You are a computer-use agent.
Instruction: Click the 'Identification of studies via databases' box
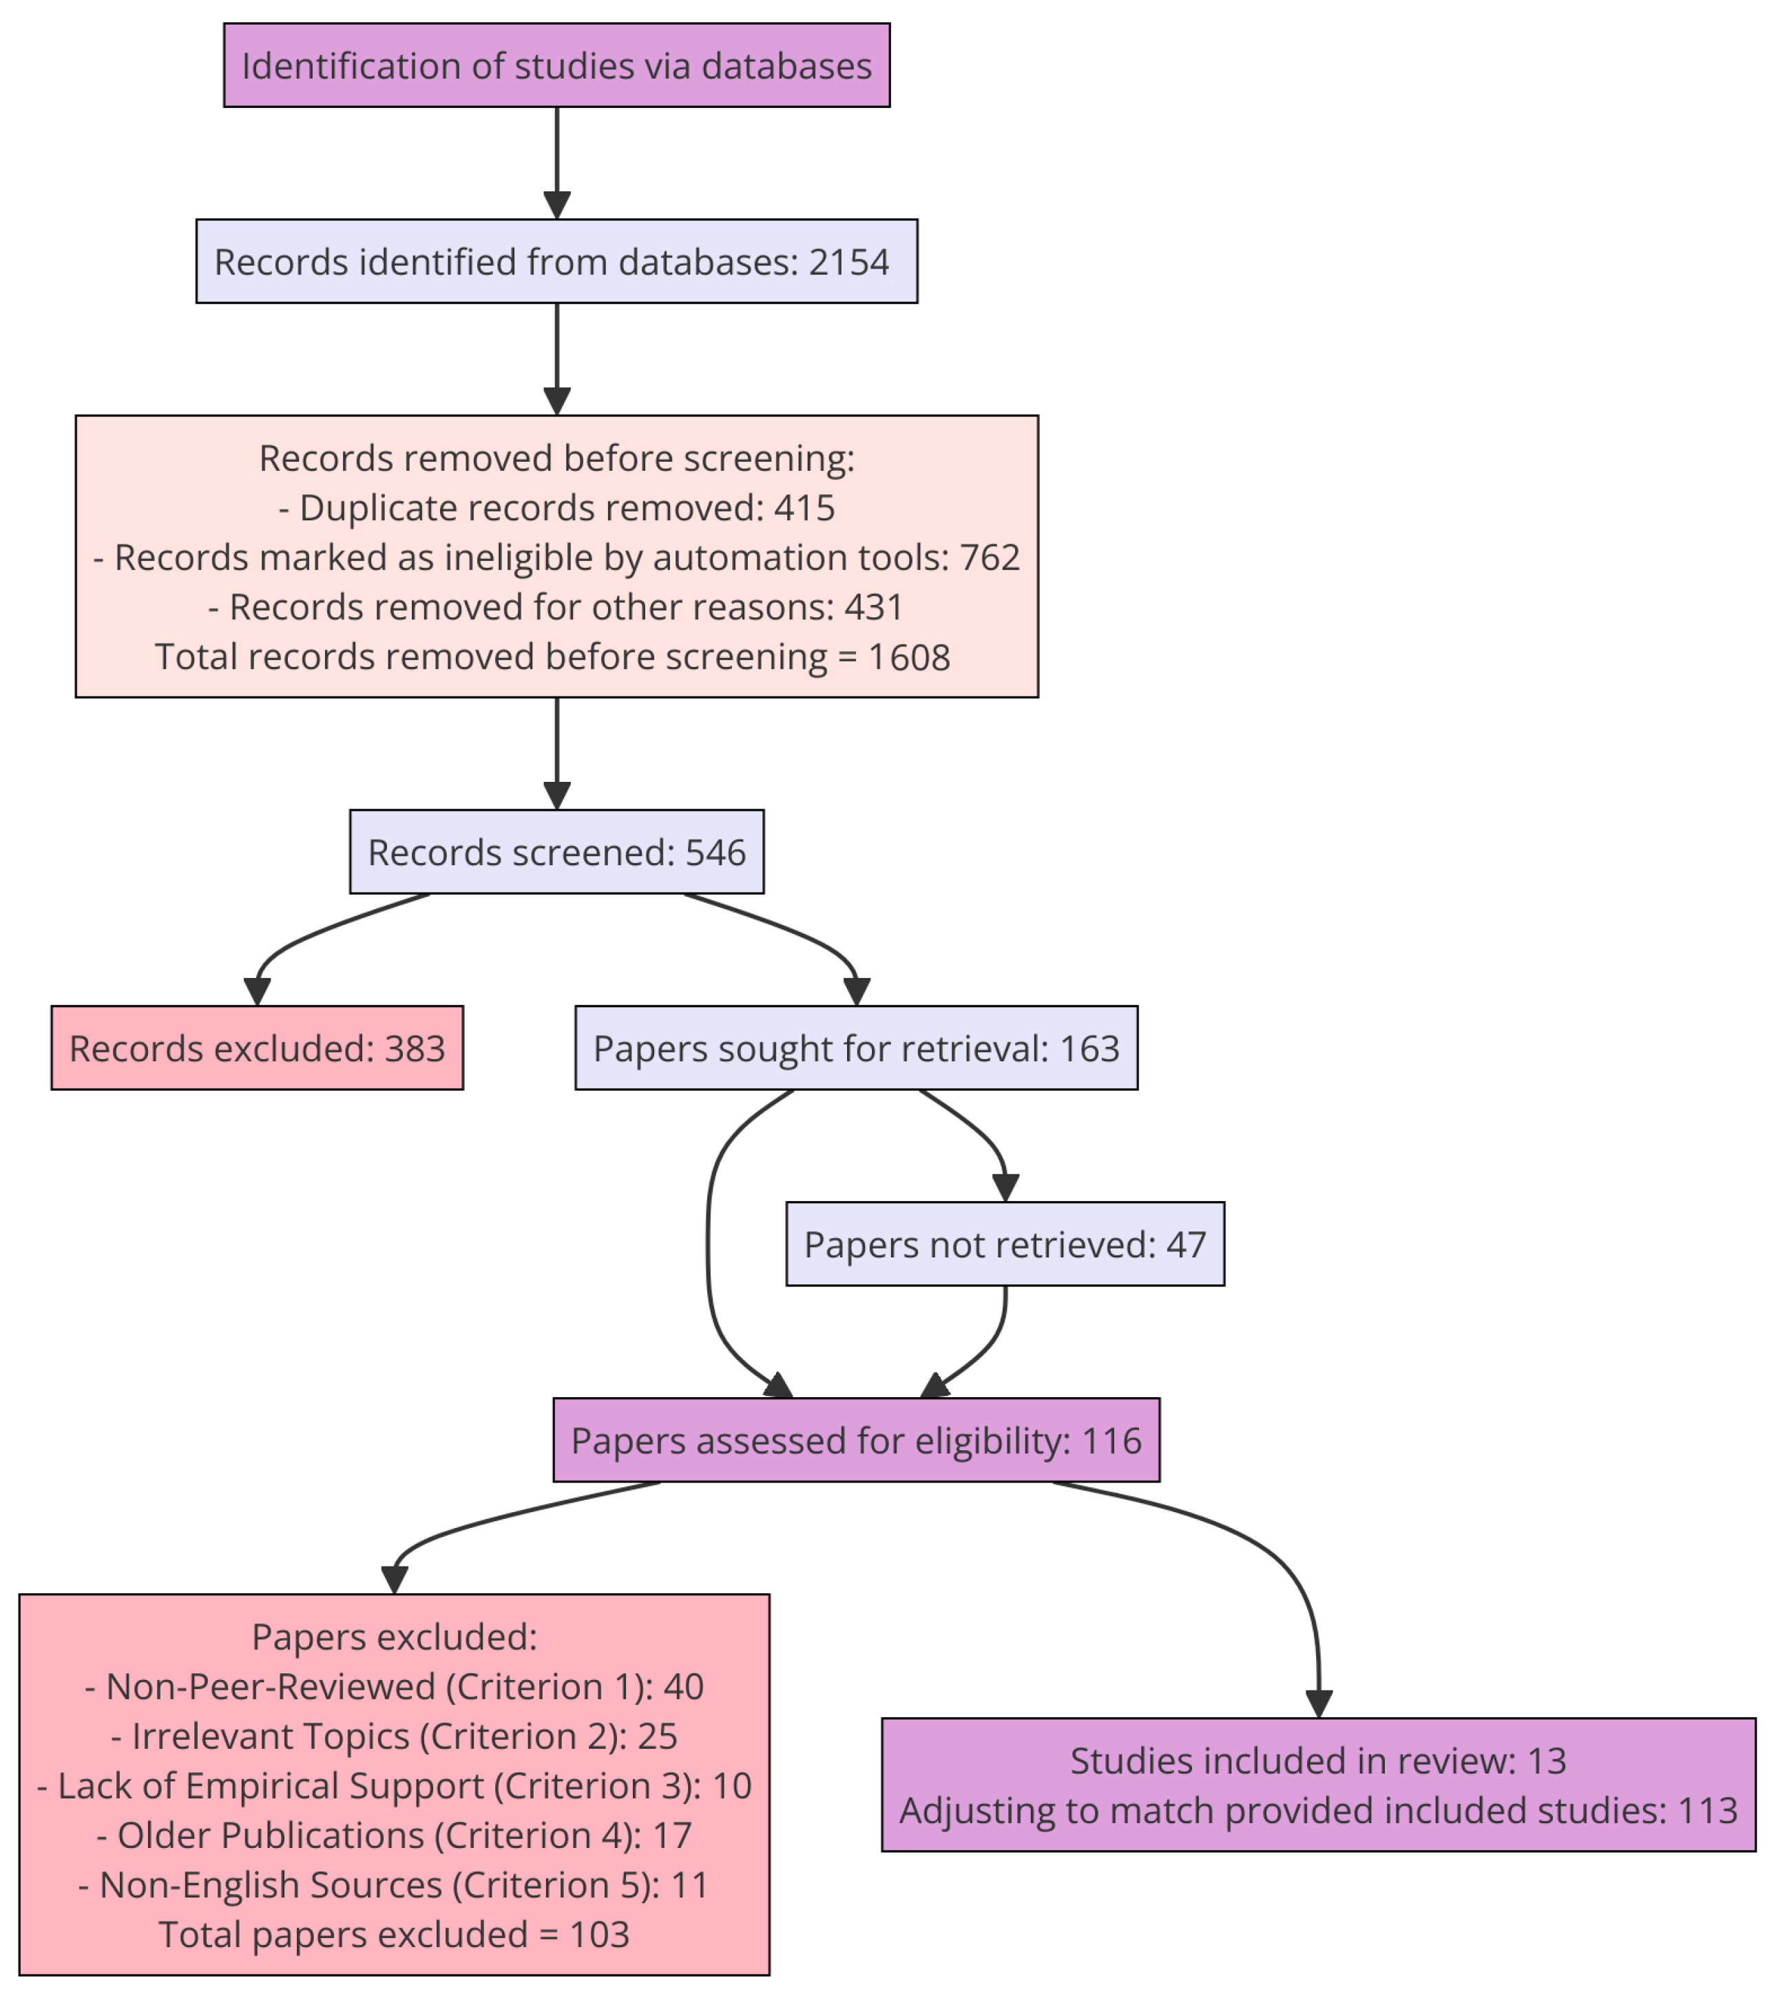(556, 65)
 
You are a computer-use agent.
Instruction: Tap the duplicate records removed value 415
(804, 507)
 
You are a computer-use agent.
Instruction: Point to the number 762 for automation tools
(989, 557)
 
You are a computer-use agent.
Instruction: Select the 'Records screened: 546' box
(556, 851)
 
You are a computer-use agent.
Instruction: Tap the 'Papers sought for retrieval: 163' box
(856, 1048)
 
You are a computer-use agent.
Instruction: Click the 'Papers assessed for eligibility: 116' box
(856, 1441)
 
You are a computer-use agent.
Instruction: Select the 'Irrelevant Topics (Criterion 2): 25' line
(394, 1736)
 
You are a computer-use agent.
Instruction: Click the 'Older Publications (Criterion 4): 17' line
(394, 1835)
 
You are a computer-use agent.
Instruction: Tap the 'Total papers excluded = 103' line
(394, 1935)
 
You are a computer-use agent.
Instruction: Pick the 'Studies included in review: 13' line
(1317, 1761)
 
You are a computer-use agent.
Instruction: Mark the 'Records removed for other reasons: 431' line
(556, 607)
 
